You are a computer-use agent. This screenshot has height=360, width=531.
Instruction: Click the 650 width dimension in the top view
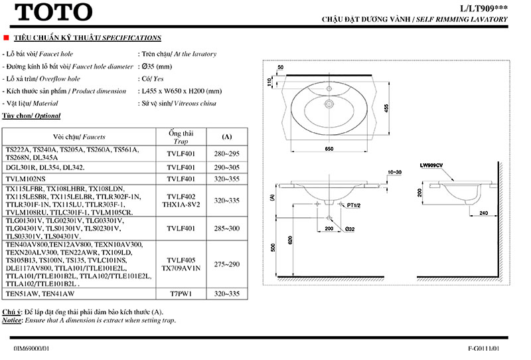(x=329, y=149)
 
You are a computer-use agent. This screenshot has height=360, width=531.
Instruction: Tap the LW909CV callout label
(x=431, y=164)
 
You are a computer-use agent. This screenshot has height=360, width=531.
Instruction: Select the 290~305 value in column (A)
(x=226, y=168)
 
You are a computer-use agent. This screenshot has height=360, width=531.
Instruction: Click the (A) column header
(x=226, y=137)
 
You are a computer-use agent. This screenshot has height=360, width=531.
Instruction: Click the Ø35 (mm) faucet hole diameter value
(x=157, y=66)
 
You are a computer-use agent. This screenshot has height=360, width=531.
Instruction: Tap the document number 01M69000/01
(x=31, y=348)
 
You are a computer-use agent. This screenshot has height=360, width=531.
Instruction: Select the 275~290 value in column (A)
(x=226, y=264)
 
